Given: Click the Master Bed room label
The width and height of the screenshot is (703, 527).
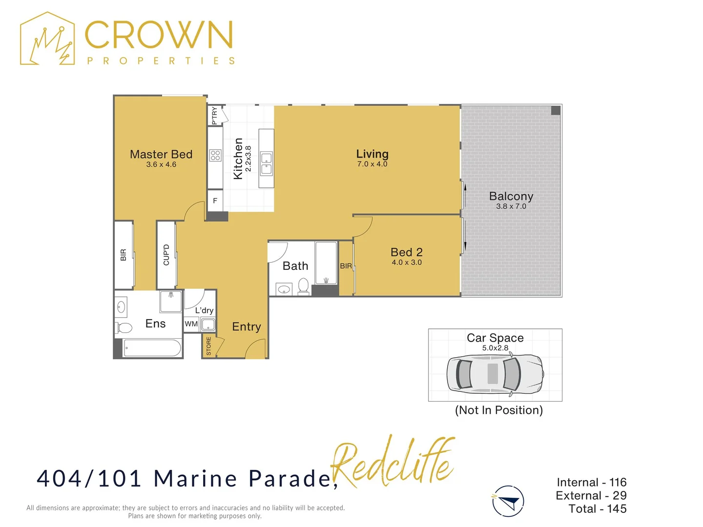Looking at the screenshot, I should [161, 154].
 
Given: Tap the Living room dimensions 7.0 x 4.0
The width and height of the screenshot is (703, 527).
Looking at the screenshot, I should [372, 164].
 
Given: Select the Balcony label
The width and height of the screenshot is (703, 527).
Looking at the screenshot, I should [511, 196].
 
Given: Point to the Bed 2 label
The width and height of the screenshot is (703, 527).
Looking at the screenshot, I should [407, 252].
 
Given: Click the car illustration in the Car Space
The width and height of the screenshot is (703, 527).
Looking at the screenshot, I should [495, 374].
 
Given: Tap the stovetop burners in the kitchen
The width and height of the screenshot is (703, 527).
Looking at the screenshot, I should [215, 156].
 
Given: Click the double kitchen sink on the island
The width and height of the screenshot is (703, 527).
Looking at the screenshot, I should [267, 163].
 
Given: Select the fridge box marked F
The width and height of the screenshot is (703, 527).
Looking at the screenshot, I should [215, 201].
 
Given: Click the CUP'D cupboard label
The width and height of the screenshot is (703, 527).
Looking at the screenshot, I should [166, 255].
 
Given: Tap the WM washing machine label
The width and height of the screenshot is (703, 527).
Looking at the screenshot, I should [191, 324].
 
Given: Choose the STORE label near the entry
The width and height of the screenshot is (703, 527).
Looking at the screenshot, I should [208, 346].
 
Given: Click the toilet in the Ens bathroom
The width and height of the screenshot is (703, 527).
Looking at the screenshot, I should [124, 327].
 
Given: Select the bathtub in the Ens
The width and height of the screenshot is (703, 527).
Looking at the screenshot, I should [152, 348].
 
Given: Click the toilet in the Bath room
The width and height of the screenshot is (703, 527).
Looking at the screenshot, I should [303, 286].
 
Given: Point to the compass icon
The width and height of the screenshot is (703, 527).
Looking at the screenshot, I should [508, 501].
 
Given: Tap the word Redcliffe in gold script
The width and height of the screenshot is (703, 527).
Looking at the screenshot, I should [393, 461].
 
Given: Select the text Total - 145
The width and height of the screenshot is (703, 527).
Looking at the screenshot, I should [597, 509].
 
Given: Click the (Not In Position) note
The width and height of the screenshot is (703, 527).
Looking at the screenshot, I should [498, 410].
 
